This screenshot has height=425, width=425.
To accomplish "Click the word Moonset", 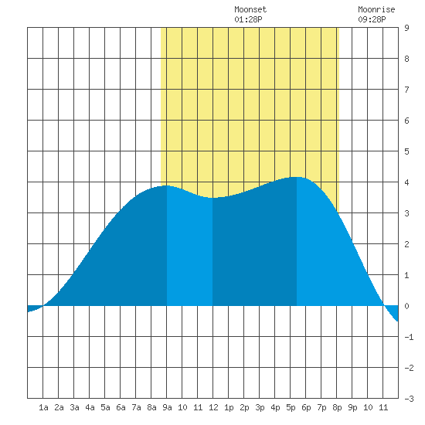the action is [x=250, y=9].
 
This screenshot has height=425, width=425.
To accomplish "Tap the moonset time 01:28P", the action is [x=248, y=19].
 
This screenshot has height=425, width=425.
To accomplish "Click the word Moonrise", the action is [x=376, y=9].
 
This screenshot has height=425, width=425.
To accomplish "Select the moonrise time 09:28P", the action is [x=372, y=19].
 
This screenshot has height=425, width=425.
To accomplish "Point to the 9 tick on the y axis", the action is [x=406, y=28].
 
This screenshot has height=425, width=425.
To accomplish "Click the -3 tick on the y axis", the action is [x=409, y=399].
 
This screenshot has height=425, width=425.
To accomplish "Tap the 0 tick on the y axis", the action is [x=406, y=306].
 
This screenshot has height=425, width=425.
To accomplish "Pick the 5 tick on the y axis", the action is [x=406, y=151].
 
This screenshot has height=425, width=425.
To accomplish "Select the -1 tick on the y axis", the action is [x=409, y=337].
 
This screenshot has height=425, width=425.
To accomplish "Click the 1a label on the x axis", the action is [x=43, y=407].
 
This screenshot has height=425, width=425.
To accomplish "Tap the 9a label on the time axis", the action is [x=167, y=407].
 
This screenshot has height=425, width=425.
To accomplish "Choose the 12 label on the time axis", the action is [x=213, y=407].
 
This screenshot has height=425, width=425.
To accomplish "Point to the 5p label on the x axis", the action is [x=291, y=407].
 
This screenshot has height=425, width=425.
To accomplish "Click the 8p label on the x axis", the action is [x=337, y=407].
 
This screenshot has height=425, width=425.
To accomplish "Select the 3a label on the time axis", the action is [x=74, y=407].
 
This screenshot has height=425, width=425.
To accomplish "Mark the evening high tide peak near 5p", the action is [x=297, y=177].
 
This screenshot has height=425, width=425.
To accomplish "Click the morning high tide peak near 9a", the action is [x=167, y=185].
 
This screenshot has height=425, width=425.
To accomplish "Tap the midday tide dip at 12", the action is [x=212, y=198].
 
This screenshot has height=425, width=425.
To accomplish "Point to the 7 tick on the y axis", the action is [x=406, y=90].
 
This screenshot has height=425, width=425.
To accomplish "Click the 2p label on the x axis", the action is [x=244, y=407].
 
